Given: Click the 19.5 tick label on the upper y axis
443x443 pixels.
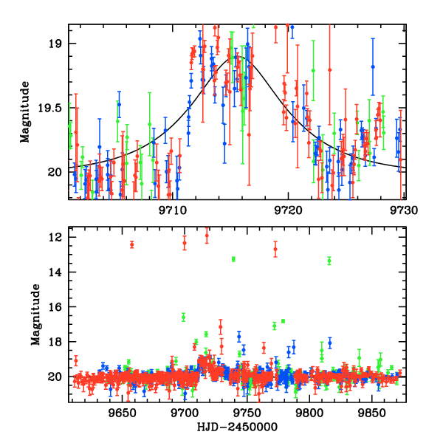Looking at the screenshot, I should coord(51,108).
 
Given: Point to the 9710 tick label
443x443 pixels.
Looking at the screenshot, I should coord(173,210).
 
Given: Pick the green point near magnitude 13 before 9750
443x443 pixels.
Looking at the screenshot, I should coord(233,259).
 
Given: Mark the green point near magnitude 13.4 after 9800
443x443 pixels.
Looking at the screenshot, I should coord(329,261).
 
